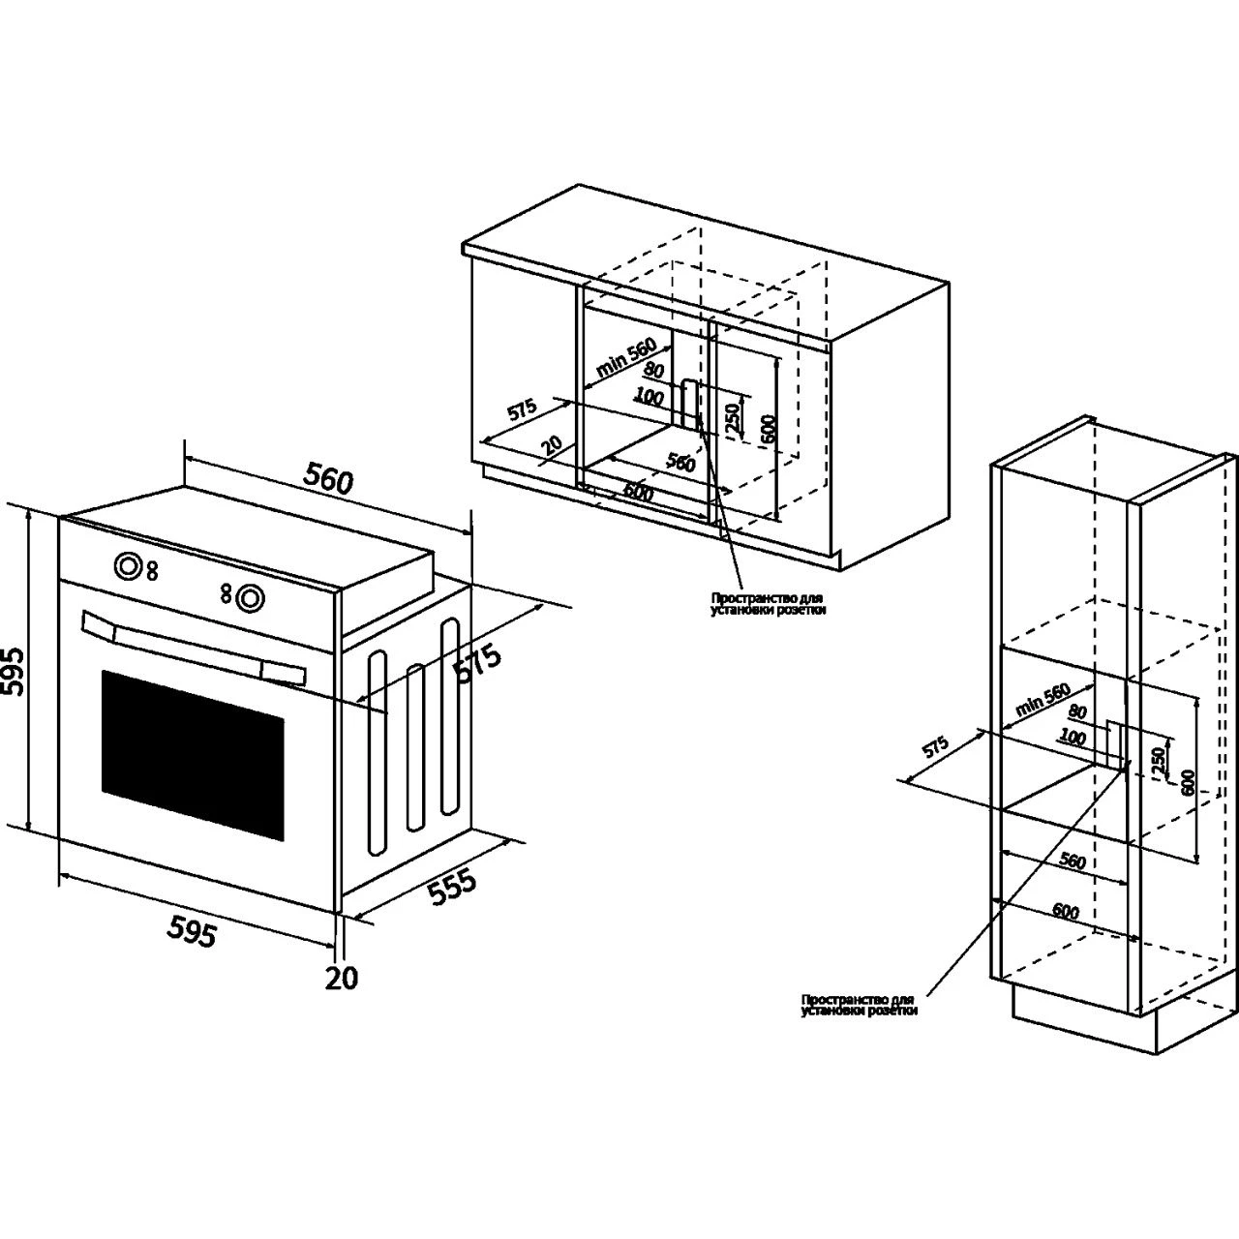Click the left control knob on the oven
[127, 566]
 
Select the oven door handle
[194, 643]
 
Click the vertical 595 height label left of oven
[13, 669]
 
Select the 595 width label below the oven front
[192, 930]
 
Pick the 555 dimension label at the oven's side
[452, 888]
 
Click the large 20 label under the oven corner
[341, 978]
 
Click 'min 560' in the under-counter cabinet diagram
[626, 357]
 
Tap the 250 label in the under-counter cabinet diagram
[733, 415]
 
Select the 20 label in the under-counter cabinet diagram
[552, 444]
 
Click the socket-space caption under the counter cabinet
[769, 604]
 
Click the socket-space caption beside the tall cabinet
[859, 1005]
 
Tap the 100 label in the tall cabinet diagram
[1072, 737]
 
